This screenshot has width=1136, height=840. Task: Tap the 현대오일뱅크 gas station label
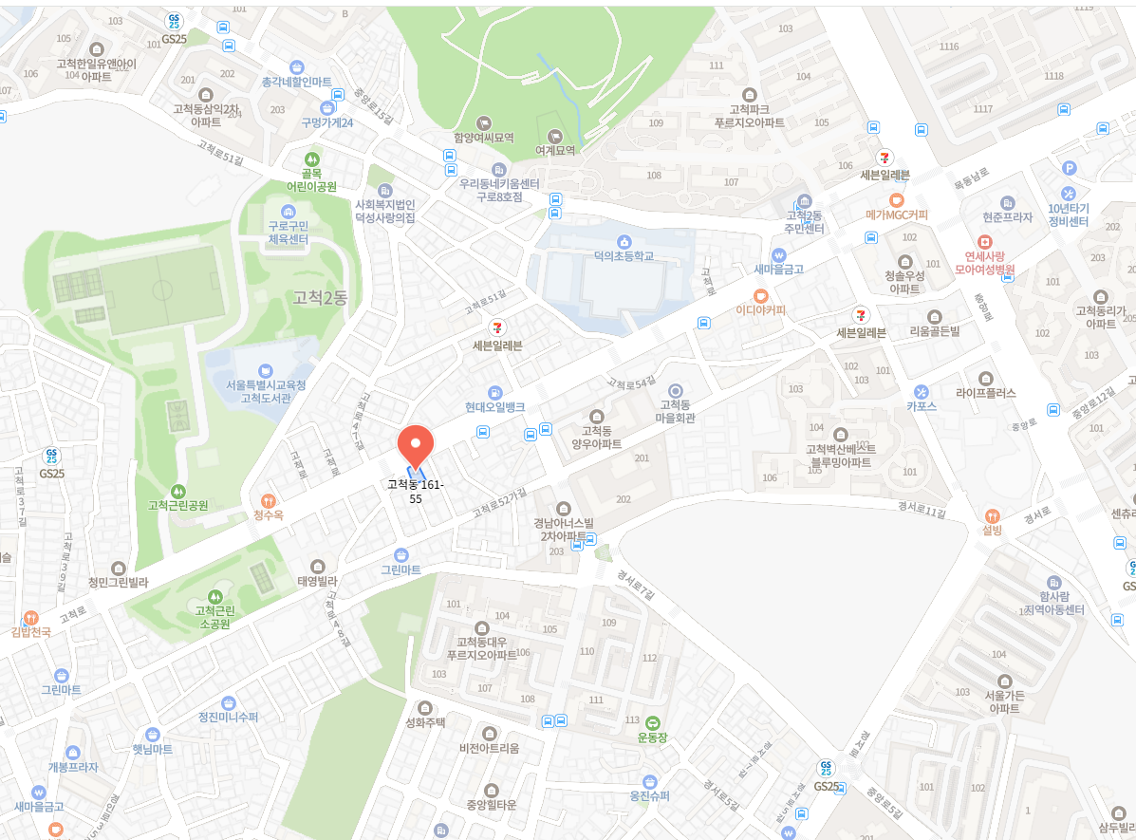pyautogui.click(x=494, y=406)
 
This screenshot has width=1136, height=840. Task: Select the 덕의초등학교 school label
pyautogui.click(x=624, y=255)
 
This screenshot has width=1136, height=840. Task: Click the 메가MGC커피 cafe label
pyautogui.click(x=897, y=214)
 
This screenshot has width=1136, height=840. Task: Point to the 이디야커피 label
pyautogui.click(x=761, y=309)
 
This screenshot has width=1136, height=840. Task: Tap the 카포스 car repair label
pyautogui.click(x=921, y=405)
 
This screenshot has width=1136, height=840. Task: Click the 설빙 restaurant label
pyautogui.click(x=993, y=530)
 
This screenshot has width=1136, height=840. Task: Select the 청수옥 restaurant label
pyautogui.click(x=269, y=514)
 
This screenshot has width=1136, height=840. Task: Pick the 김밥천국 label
pyautogui.click(x=30, y=630)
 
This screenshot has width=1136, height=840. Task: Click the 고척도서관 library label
pyautogui.click(x=265, y=391)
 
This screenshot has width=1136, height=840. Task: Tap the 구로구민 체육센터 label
pyautogui.click(x=288, y=232)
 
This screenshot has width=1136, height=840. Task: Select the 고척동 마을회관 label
pyautogui.click(x=676, y=411)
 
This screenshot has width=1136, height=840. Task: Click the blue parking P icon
pyautogui.click(x=1070, y=168)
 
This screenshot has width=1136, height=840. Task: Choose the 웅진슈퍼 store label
pyautogui.click(x=650, y=795)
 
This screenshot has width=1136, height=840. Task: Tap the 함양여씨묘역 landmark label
pyautogui.click(x=484, y=137)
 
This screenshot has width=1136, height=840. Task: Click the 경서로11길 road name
pyautogui.click(x=922, y=510)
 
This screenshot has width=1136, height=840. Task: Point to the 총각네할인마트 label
pyautogui.click(x=297, y=82)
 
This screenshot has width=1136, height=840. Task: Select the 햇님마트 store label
pyautogui.click(x=152, y=749)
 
